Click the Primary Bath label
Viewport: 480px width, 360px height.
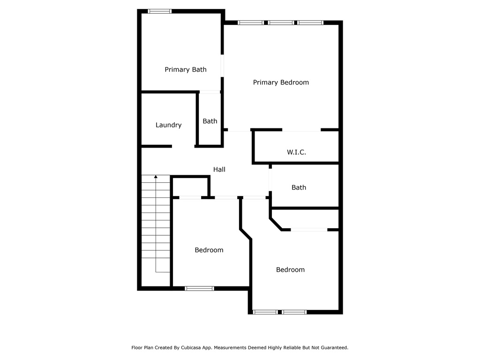click(186, 69)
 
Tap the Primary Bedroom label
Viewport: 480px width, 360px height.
click(281, 82)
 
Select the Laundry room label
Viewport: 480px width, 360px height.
click(168, 125)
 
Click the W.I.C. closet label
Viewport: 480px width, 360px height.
click(296, 152)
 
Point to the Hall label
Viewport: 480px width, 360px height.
click(219, 169)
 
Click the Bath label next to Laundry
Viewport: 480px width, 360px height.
click(210, 121)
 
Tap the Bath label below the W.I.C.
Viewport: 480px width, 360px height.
click(299, 187)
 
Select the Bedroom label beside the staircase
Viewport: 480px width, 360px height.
click(209, 250)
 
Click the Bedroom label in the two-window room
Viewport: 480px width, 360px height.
click(290, 270)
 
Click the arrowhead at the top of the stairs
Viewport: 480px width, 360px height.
click(156, 177)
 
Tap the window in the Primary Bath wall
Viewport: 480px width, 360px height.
click(159, 11)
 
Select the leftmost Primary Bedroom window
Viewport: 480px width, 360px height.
click(251, 22)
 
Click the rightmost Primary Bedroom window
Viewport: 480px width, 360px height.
click(310, 22)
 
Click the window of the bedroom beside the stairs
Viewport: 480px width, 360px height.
click(200, 288)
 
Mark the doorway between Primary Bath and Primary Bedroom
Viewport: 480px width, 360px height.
click(222, 66)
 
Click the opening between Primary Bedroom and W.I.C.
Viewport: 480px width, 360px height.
click(301, 130)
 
